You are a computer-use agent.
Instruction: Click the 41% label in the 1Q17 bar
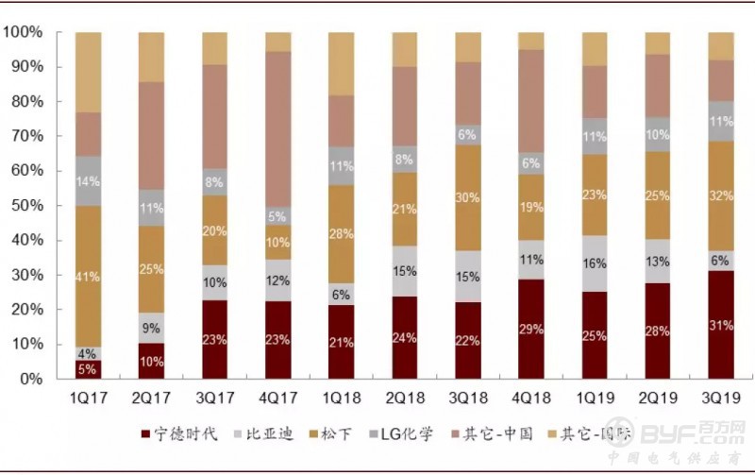(88, 277)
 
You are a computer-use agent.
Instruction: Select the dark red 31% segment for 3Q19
(722, 325)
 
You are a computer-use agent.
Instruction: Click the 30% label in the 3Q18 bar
(468, 196)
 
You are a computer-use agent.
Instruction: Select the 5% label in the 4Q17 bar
(278, 215)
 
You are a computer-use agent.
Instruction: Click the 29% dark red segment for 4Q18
(531, 329)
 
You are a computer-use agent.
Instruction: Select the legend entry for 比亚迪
(266, 434)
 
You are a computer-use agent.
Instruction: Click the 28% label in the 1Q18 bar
(342, 233)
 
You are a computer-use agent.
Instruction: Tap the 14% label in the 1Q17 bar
(88, 180)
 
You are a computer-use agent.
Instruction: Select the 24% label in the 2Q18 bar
(405, 337)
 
